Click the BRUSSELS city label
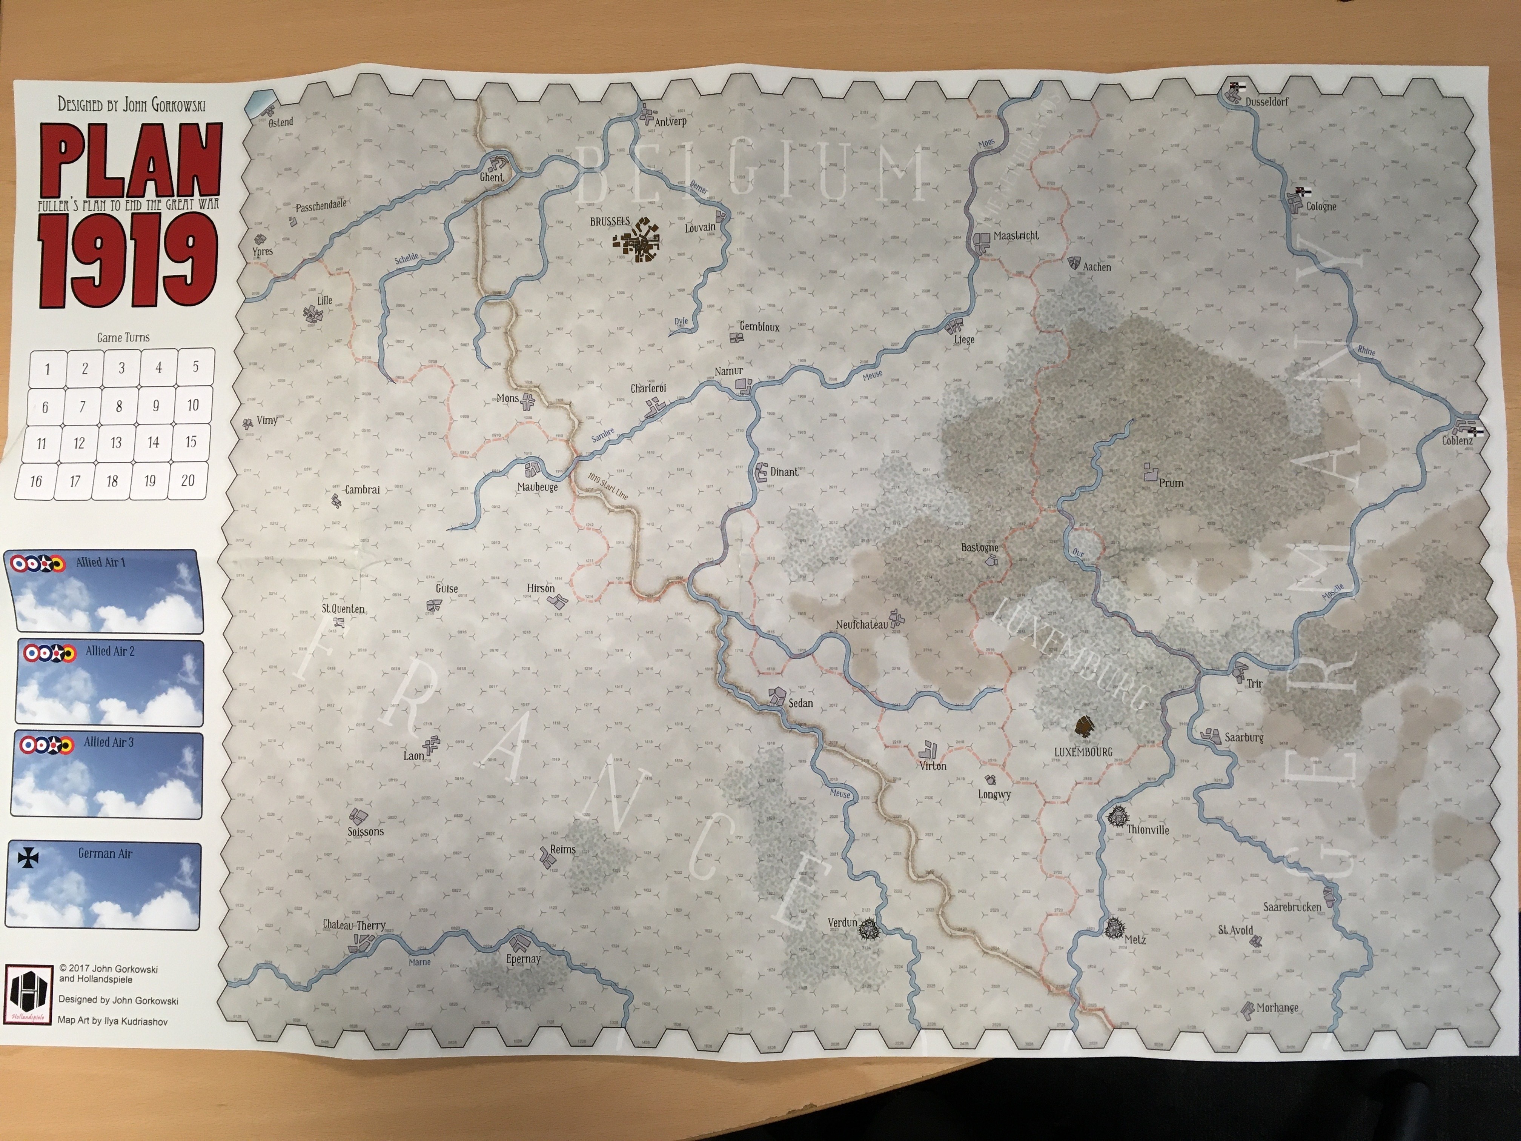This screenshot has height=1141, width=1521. pos(609,221)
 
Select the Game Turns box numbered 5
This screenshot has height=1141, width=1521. pos(195,367)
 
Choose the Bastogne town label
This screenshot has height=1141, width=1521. pos(979,547)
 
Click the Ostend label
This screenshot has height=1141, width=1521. pos(281,122)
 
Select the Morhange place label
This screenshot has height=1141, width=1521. pos(1278,1007)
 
